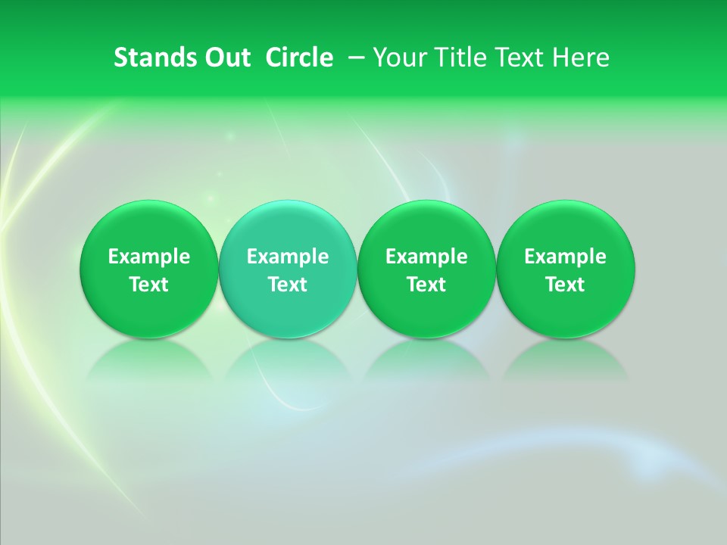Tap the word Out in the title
click(x=226, y=58)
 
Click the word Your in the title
click(x=398, y=58)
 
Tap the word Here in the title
click(x=582, y=58)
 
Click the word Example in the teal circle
click(x=288, y=257)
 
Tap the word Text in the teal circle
click(x=288, y=285)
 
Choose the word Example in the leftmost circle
click(x=149, y=257)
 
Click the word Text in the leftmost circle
click(x=149, y=285)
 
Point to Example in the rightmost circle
click(x=566, y=257)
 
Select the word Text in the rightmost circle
click(x=566, y=285)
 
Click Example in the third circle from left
click(x=426, y=257)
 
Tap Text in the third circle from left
click(x=426, y=285)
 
